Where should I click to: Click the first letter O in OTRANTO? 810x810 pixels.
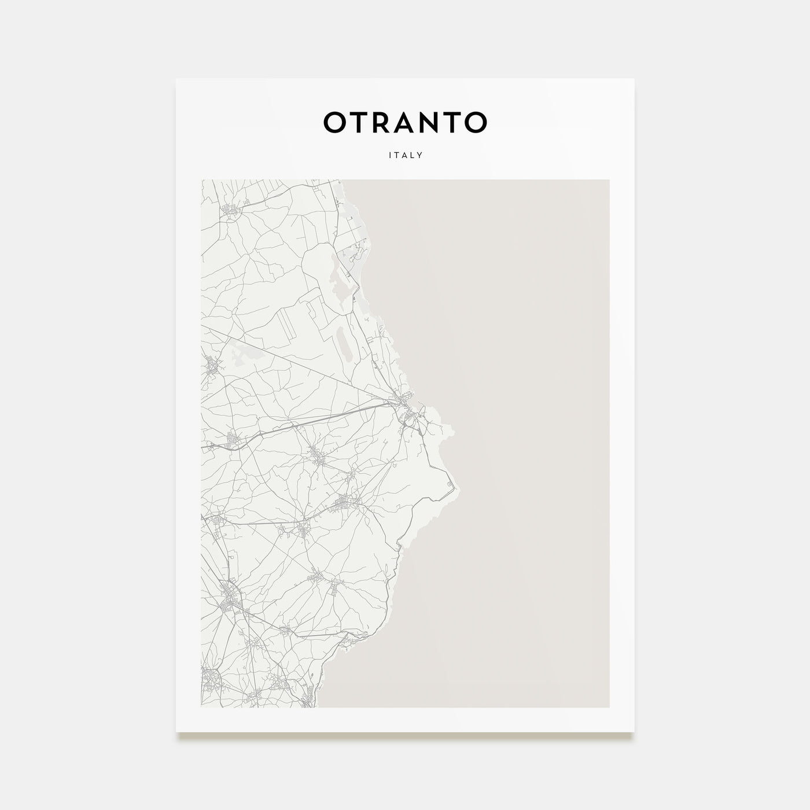click(x=336, y=122)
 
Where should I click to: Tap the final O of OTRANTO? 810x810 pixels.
click(x=476, y=122)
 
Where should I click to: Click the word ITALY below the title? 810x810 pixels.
click(x=406, y=155)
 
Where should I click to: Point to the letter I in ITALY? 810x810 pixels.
click(x=391, y=155)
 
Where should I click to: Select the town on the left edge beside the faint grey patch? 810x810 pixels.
click(x=211, y=366)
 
